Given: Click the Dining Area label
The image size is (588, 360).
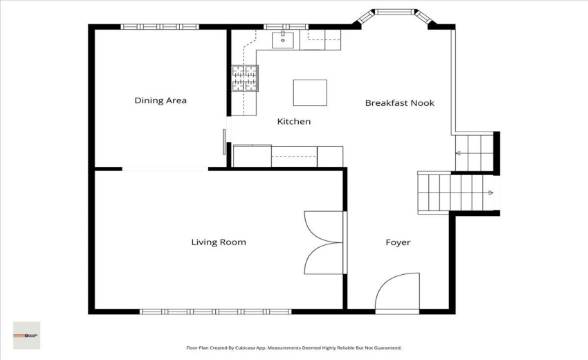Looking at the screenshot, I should click(x=160, y=100).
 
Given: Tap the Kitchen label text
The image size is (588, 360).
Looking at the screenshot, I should click(x=294, y=122).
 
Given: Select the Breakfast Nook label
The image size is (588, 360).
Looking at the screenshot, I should click(x=400, y=103).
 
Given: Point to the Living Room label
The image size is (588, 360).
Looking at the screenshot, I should click(x=219, y=242).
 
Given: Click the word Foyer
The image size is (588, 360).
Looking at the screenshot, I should click(x=398, y=242).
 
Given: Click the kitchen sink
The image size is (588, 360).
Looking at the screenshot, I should click(x=284, y=39).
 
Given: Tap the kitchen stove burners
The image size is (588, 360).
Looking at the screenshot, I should click(x=244, y=78).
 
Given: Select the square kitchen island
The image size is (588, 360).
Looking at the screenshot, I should click(x=310, y=92).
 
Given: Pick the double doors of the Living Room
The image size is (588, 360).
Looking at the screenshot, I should click(x=324, y=242).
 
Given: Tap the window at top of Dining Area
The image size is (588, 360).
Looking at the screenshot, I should click(x=160, y=27).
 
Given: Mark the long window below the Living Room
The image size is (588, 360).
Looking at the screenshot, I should click(x=215, y=312).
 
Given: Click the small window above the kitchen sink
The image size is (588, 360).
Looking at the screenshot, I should click(x=279, y=27).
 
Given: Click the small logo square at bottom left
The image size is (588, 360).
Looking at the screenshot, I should click(x=26, y=335).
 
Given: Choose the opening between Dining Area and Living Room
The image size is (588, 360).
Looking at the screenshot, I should click(x=165, y=168).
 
